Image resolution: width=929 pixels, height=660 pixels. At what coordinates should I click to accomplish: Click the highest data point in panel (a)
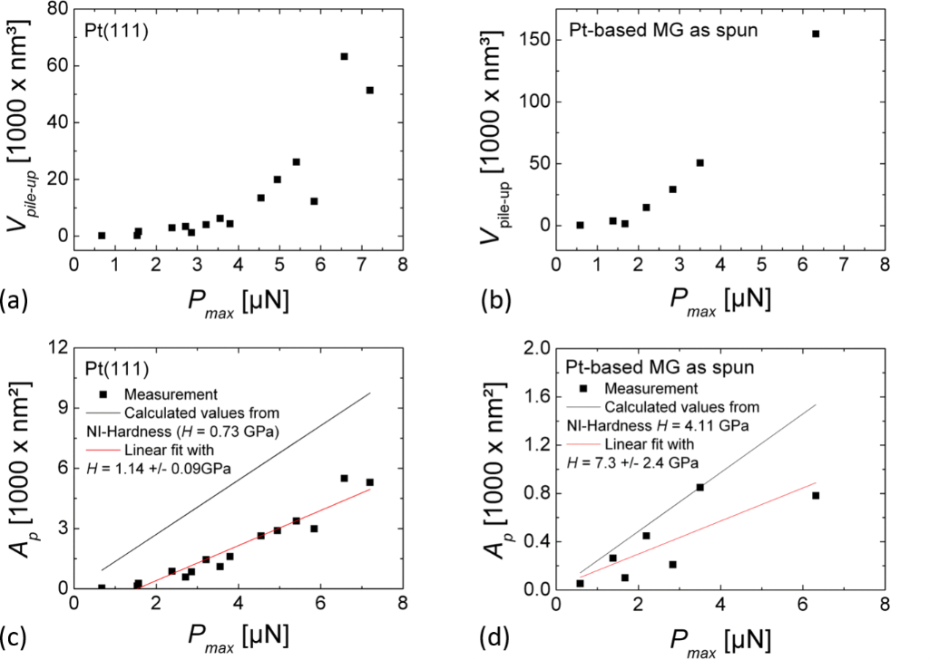tap(345, 56)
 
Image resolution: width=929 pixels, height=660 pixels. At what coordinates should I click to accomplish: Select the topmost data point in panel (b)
tap(816, 34)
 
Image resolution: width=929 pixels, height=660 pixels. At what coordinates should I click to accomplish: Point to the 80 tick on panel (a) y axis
tap(57, 8)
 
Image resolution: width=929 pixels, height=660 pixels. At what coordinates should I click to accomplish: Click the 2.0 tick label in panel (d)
tap(531, 348)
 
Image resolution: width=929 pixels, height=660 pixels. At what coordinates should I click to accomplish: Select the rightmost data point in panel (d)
tap(816, 495)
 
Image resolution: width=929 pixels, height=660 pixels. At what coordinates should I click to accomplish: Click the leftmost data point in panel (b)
tap(580, 225)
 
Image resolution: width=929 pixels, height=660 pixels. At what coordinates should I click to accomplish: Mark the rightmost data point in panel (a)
tap(369, 90)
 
